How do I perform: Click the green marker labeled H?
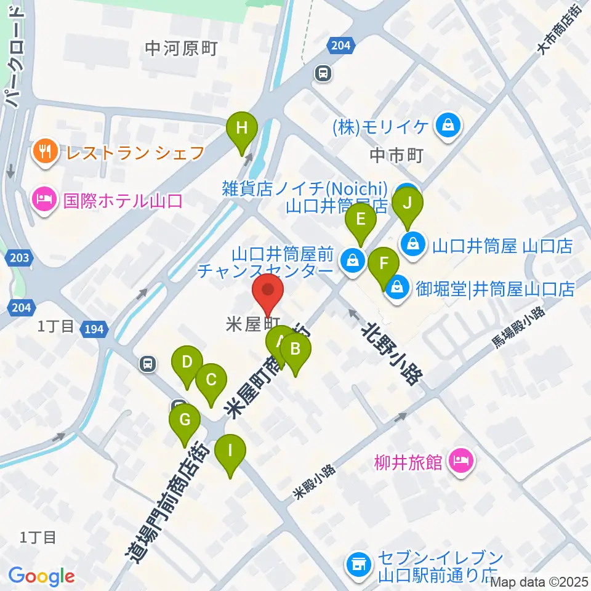coord(242,129)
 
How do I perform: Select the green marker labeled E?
coord(361,220)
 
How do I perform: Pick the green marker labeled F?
coord(384,265)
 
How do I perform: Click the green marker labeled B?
coord(295,350)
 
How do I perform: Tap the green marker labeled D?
coord(187,362)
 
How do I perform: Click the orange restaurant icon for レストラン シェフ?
coord(45,150)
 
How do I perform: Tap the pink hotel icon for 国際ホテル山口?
coord(45,200)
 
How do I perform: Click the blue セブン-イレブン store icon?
coord(358,563)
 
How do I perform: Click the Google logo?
coord(41,577)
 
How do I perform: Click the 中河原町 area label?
coord(182,49)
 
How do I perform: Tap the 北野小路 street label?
coord(392,345)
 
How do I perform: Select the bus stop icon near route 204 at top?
coord(323,74)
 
